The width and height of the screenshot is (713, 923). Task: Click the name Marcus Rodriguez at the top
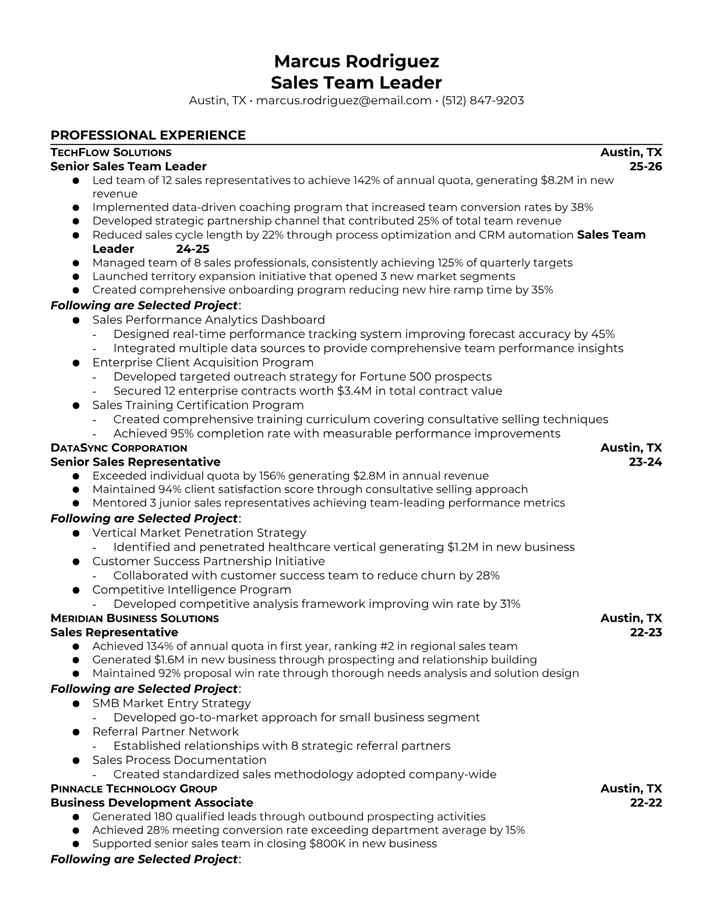[356, 61]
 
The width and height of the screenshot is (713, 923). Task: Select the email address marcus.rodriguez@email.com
[344, 100]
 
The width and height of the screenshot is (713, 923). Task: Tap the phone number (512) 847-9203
[482, 100]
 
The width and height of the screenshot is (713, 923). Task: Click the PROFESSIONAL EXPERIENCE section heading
[148, 135]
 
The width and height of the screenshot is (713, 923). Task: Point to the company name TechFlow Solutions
[111, 153]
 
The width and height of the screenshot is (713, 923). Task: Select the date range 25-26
[646, 167]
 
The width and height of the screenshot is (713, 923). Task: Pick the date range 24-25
[192, 249]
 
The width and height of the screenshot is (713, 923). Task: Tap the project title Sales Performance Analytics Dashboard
[209, 320]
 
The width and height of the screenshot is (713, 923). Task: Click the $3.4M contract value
[354, 391]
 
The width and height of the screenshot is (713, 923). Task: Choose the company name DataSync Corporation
[119, 448]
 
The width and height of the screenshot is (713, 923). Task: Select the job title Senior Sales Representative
[135, 462]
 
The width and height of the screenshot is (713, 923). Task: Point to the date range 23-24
[645, 462]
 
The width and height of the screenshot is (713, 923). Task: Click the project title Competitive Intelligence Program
[192, 590]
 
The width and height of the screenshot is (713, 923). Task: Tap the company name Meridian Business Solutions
[135, 618]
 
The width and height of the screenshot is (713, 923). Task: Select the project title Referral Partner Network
[165, 732]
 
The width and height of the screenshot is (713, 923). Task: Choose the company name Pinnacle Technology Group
[133, 789]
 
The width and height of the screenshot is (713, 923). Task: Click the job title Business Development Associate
[151, 803]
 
